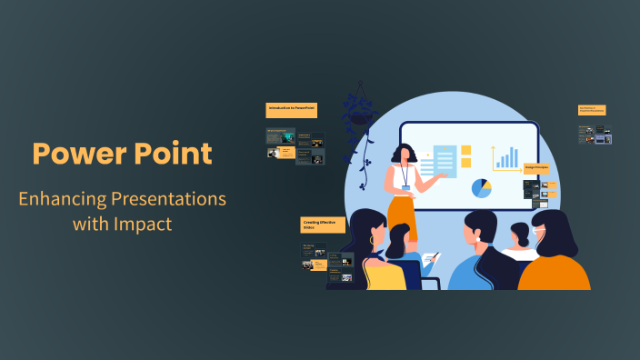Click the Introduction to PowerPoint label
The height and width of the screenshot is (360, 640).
point(291,109)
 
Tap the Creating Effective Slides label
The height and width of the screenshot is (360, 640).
point(323,225)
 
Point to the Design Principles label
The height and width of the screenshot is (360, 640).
point(535,167)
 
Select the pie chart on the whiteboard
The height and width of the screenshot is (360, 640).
point(482,188)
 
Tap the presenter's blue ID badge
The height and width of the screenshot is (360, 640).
point(406,187)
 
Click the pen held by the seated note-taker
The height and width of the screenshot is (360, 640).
point(434,257)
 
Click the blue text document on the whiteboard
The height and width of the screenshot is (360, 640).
point(445,162)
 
